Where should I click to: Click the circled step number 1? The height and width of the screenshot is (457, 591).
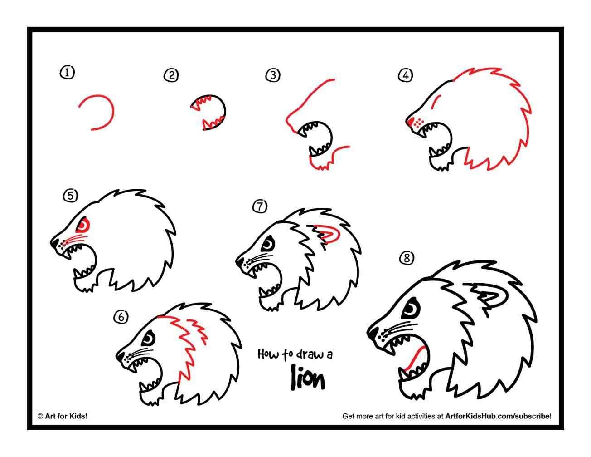click(67, 72)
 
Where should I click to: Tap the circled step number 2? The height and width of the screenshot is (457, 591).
click(171, 75)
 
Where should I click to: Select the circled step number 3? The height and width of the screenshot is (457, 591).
click(272, 75)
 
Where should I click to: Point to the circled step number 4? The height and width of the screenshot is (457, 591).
click(405, 75)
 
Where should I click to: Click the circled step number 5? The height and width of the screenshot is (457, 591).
click(70, 196)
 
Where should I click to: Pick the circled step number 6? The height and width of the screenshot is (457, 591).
click(121, 317)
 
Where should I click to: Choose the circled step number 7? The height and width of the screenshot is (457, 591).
click(260, 206)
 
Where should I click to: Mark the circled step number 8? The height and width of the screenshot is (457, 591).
click(407, 258)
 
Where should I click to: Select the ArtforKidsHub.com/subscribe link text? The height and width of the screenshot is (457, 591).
click(498, 415)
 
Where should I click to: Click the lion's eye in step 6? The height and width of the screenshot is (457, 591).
click(149, 338)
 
